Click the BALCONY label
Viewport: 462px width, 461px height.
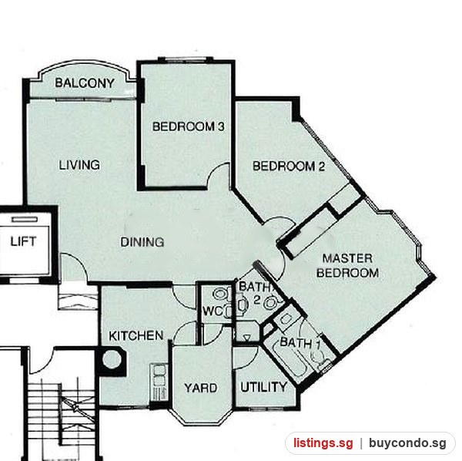pyautogui.click(x=85, y=83)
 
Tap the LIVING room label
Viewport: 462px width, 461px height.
pyautogui.click(x=79, y=164)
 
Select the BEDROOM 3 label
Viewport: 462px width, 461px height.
pyautogui.click(x=189, y=126)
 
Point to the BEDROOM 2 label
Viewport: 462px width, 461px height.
pyautogui.click(x=289, y=167)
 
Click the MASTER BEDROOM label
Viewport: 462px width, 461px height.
pyautogui.click(x=348, y=265)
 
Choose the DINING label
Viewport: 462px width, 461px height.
pyautogui.click(x=142, y=242)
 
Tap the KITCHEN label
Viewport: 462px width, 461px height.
pyautogui.click(x=136, y=335)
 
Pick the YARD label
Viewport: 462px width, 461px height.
pyautogui.click(x=201, y=388)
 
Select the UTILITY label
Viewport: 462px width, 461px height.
pyautogui.click(x=263, y=387)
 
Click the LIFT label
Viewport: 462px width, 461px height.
pyautogui.click(x=23, y=241)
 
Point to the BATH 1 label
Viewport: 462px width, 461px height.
pyautogui.click(x=300, y=342)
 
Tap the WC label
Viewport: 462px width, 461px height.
pyautogui.click(x=213, y=311)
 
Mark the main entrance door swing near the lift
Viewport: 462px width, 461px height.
pyautogui.click(x=74, y=267)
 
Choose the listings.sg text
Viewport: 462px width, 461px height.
pyautogui.click(x=323, y=443)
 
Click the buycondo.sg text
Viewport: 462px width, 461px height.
pyautogui.click(x=407, y=443)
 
